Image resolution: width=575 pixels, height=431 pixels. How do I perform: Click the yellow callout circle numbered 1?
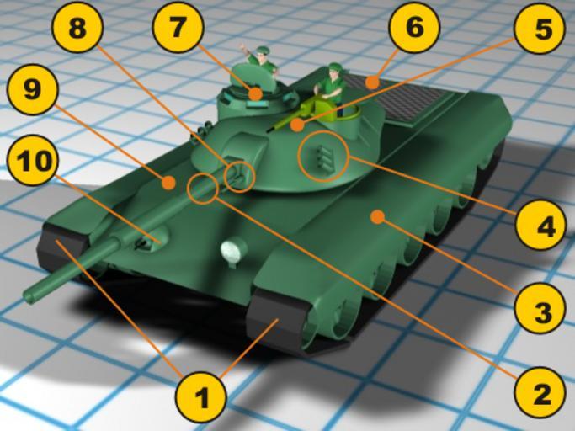(201, 396)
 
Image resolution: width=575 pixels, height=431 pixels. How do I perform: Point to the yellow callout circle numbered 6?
(414, 29)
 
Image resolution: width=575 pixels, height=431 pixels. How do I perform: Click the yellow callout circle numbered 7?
(178, 29)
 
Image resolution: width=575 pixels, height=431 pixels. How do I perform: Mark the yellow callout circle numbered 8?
(77, 29)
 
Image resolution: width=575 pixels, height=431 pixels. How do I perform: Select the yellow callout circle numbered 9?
(31, 90)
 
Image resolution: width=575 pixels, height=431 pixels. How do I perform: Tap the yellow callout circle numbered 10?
(31, 160)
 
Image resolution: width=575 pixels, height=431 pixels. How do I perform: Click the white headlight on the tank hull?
(233, 250)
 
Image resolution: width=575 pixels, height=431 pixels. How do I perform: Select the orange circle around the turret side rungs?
(323, 156)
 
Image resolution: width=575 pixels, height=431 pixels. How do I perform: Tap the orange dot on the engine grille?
(372, 82)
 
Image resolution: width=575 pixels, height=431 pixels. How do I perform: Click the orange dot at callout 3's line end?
(377, 217)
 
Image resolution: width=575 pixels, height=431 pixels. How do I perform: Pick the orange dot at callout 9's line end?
(169, 183)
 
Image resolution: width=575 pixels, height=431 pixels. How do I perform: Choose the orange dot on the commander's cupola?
(255, 94)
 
